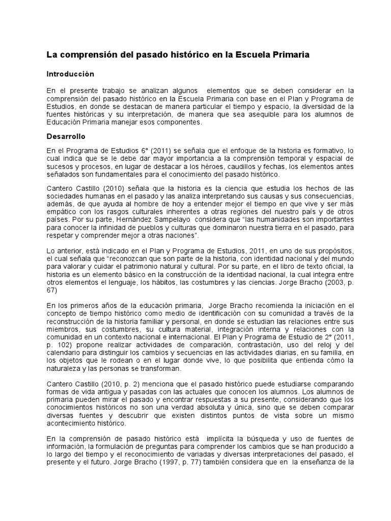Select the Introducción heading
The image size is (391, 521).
(71, 74)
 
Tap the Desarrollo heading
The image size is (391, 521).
(66, 137)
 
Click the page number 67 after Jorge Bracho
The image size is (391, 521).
(52, 289)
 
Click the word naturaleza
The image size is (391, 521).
(64, 368)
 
